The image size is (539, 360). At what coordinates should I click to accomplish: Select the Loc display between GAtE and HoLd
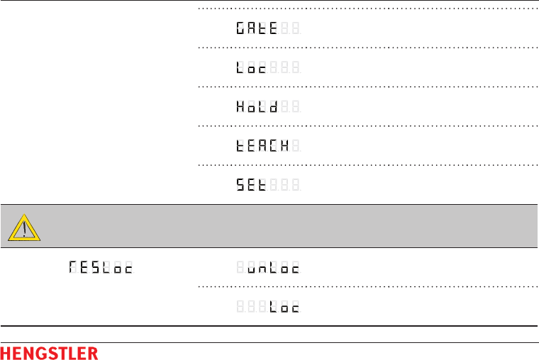[x=252, y=68]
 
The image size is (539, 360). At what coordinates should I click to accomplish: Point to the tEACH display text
[x=263, y=146]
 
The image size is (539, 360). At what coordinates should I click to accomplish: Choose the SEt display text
[x=252, y=184]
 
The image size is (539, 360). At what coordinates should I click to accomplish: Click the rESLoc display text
[x=101, y=269]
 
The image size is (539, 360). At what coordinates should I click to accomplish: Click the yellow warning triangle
[x=23, y=227]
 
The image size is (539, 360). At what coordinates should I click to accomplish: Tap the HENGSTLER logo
[x=50, y=353]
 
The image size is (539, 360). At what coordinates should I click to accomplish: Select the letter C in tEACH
[x=273, y=146]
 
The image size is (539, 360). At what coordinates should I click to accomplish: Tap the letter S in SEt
[x=242, y=184]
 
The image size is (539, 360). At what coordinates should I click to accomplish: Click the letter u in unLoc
[x=253, y=269]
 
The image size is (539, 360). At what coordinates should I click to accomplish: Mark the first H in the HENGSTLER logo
[x=6, y=353]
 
